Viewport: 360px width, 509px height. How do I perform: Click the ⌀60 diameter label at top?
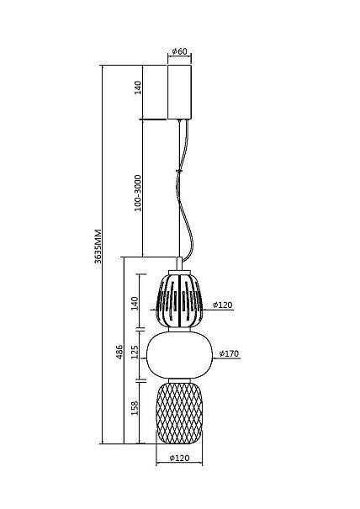179,51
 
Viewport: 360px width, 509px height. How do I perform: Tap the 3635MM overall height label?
98,246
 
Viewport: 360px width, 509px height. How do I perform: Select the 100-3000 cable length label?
138,193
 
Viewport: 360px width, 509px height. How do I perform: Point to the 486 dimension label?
119,352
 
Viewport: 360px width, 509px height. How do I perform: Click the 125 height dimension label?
135,352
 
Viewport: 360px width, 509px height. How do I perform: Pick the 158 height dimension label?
135,408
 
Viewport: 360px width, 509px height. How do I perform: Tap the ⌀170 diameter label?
229,353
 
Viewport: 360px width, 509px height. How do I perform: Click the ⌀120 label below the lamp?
179,458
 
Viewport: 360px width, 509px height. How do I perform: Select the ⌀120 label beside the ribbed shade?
223,305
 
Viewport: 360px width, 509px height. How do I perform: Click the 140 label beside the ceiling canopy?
138,87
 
